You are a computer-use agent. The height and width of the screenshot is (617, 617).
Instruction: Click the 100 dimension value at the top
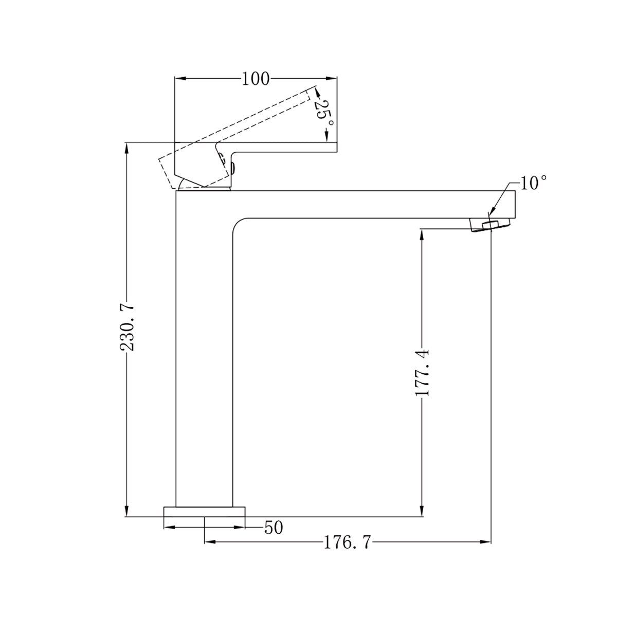pyautogui.click(x=256, y=79)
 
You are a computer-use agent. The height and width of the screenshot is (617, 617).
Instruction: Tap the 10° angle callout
pyautogui.click(x=533, y=183)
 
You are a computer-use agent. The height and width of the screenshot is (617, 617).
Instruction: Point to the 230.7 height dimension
pyautogui.click(x=127, y=327)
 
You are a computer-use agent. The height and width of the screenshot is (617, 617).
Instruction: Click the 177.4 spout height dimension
pyautogui.click(x=422, y=372)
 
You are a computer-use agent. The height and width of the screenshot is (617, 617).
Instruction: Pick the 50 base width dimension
pyautogui.click(x=273, y=528)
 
